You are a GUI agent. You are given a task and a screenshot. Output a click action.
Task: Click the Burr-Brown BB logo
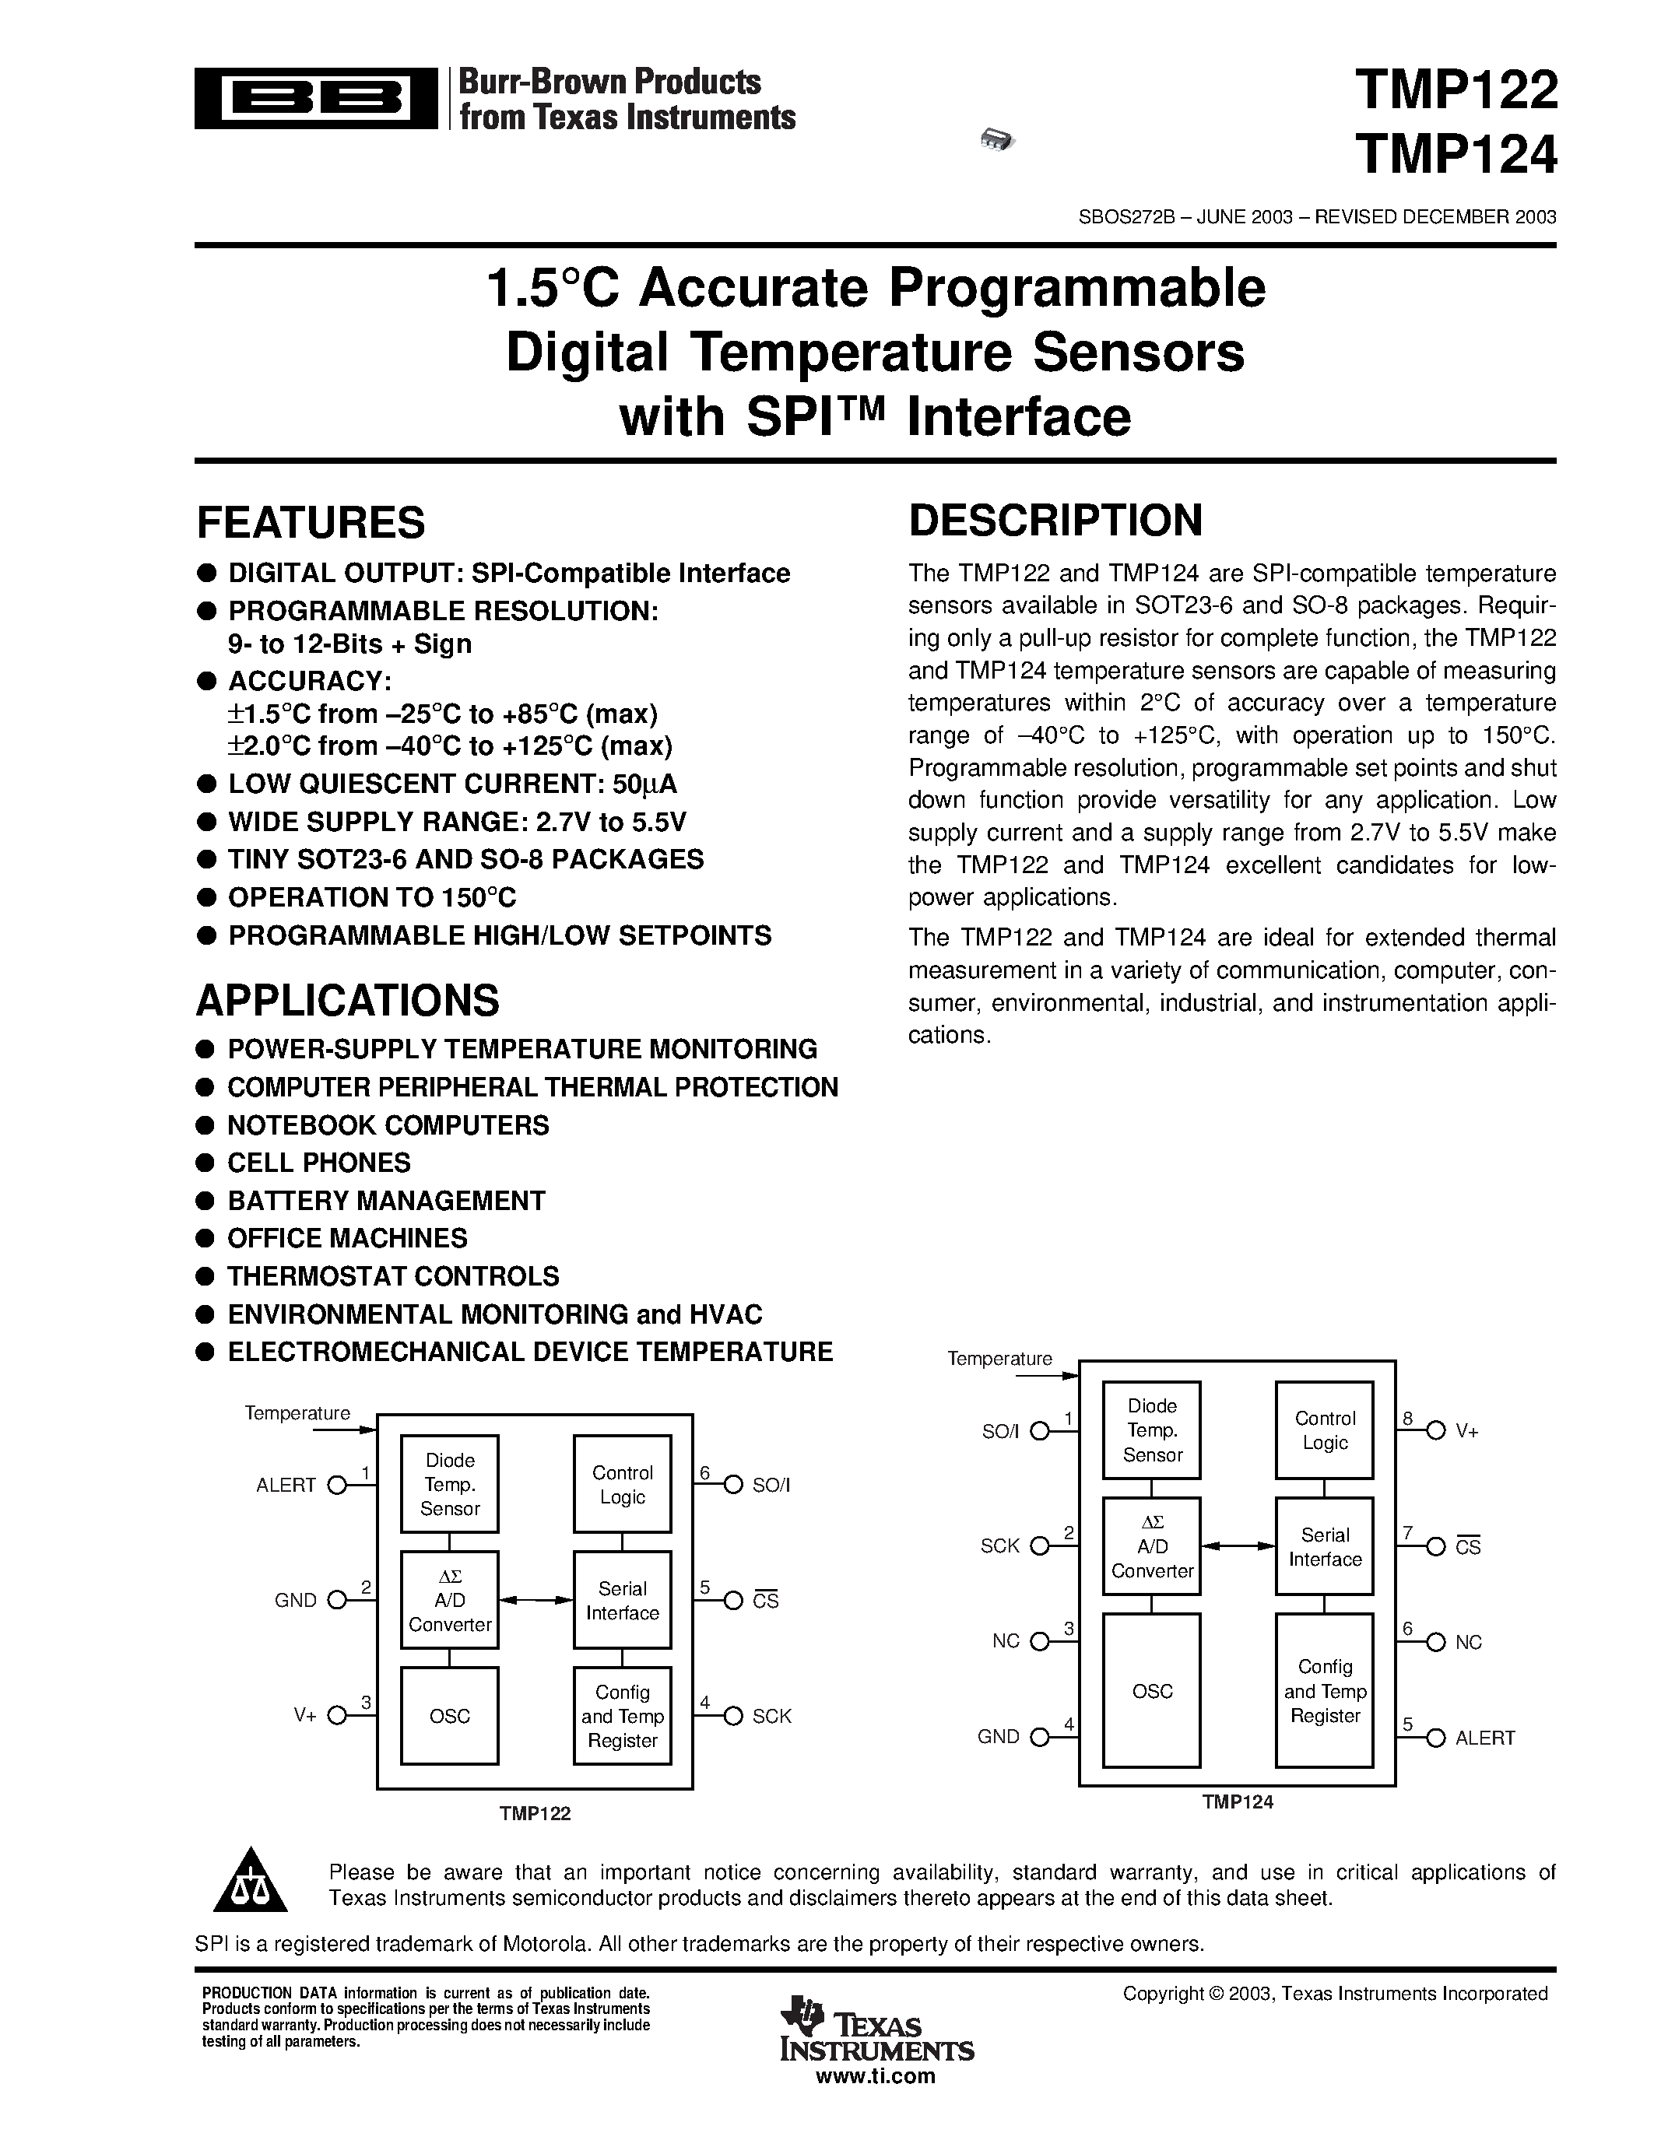(x=315, y=98)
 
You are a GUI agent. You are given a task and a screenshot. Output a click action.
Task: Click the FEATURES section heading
(x=311, y=522)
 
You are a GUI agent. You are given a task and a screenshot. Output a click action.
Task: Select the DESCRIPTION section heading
(x=1055, y=521)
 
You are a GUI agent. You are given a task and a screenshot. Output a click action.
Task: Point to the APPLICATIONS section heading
(x=348, y=1001)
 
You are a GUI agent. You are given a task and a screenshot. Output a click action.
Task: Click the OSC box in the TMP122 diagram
(x=450, y=1716)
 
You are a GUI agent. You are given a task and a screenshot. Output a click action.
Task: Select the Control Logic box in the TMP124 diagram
(x=1325, y=1430)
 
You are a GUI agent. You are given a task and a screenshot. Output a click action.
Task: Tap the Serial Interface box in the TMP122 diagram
(x=622, y=1600)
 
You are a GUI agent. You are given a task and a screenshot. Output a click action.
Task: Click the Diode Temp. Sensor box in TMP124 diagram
(x=1152, y=1430)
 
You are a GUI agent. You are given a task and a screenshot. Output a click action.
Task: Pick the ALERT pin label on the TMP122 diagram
(x=286, y=1486)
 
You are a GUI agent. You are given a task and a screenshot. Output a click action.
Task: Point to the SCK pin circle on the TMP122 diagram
(x=733, y=1716)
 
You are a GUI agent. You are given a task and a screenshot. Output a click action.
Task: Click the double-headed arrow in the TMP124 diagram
(x=1238, y=1546)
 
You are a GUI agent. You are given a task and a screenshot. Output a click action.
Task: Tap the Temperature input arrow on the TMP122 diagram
(x=344, y=1430)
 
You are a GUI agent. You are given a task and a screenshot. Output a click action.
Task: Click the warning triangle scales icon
(x=251, y=1882)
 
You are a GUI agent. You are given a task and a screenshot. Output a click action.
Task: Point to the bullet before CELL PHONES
(x=205, y=1163)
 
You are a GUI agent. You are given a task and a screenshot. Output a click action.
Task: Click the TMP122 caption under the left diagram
(x=535, y=1814)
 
